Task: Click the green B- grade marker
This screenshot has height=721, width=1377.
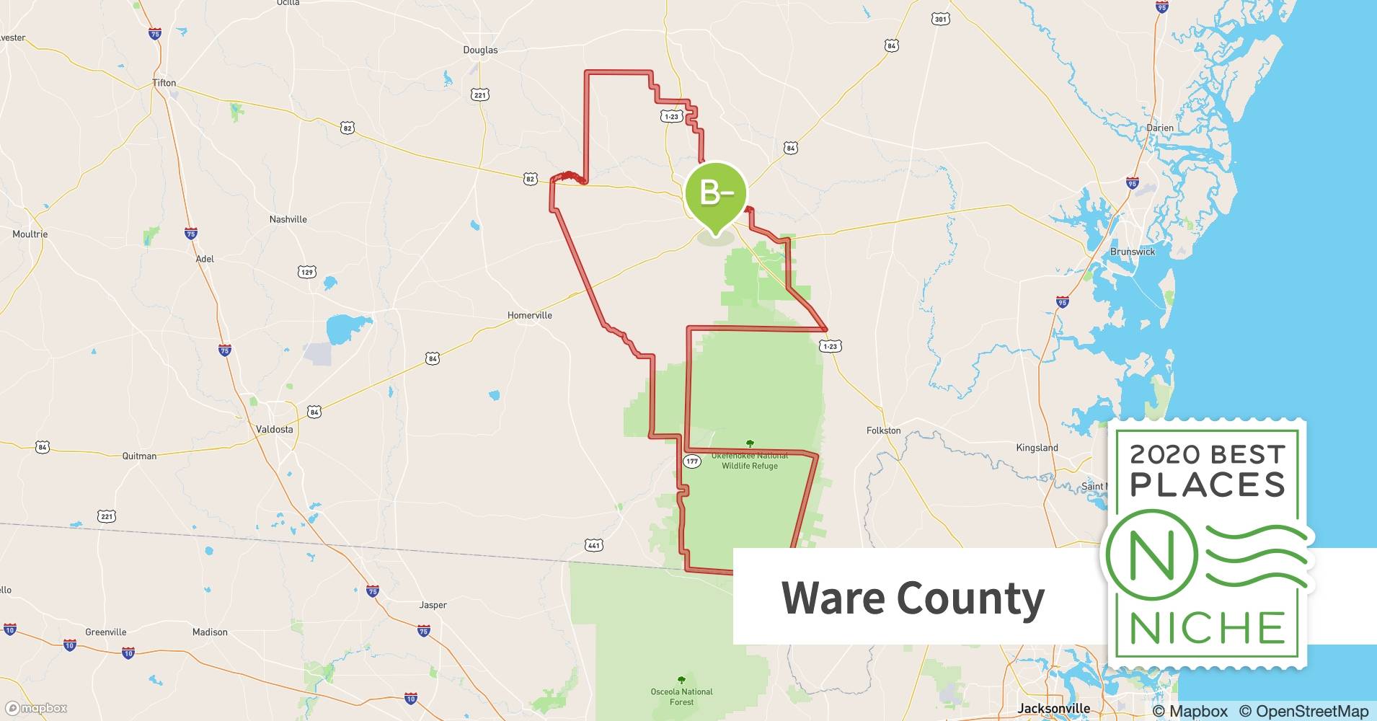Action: pyautogui.click(x=715, y=193)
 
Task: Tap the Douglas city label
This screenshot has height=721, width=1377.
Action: pyautogui.click(x=480, y=50)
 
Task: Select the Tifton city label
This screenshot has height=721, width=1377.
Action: pyautogui.click(x=164, y=83)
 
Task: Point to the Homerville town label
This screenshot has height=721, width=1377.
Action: pyautogui.click(x=529, y=315)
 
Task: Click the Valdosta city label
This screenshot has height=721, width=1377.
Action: pyautogui.click(x=275, y=429)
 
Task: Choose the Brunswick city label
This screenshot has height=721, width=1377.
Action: pyautogui.click(x=1132, y=252)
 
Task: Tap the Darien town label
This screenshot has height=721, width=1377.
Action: pyautogui.click(x=1160, y=128)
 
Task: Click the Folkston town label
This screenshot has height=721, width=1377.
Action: pyautogui.click(x=883, y=430)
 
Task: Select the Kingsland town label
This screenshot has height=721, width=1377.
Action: pyautogui.click(x=1037, y=448)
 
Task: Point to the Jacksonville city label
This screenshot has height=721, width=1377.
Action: pyautogui.click(x=1053, y=708)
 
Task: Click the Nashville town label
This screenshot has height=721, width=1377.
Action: pyautogui.click(x=288, y=219)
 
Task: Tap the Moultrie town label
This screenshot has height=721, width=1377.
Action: pyautogui.click(x=30, y=234)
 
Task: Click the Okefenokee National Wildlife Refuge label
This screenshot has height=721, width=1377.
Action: pyautogui.click(x=750, y=461)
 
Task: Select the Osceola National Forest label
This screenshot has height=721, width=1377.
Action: pyautogui.click(x=681, y=696)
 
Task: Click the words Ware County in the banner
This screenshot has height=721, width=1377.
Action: pyautogui.click(x=913, y=598)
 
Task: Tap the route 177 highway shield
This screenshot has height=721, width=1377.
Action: pyautogui.click(x=691, y=461)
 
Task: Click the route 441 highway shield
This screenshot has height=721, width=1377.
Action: pyautogui.click(x=593, y=546)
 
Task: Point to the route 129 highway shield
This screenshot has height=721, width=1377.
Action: pyautogui.click(x=307, y=272)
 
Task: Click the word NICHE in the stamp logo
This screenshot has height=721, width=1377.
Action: pyautogui.click(x=1207, y=628)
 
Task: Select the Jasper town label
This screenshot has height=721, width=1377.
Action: pyautogui.click(x=433, y=605)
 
